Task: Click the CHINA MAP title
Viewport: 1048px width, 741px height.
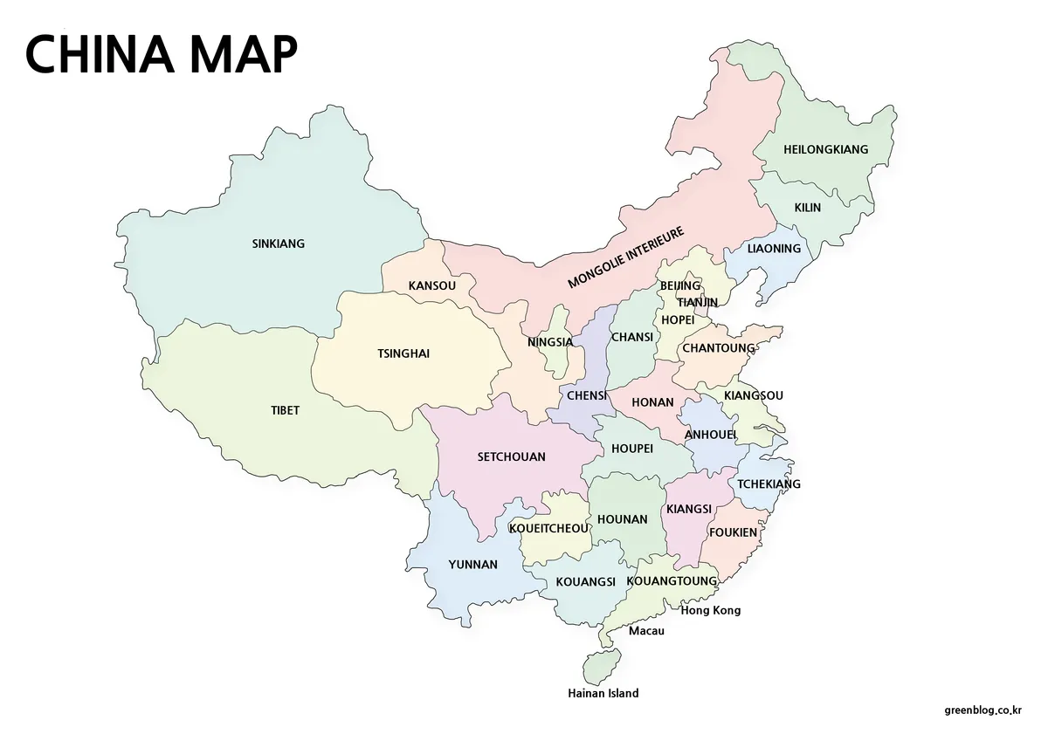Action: [x=162, y=54]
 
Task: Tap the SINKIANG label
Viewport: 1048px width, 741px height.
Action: [x=278, y=244]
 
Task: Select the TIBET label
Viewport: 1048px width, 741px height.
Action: [x=285, y=410]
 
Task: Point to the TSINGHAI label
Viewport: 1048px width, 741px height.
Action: [x=403, y=353]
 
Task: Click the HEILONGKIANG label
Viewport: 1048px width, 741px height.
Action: [x=825, y=149]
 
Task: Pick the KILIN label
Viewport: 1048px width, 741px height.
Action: [x=807, y=208]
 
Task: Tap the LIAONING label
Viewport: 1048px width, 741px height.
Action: [x=774, y=249]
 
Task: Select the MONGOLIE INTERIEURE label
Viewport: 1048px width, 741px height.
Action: [x=625, y=257]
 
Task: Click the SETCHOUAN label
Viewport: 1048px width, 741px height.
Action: [x=511, y=456]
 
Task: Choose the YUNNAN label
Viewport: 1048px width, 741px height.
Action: [x=472, y=565]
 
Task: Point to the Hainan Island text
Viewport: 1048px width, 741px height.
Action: [x=603, y=693]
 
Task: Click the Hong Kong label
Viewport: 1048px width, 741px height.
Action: [x=710, y=610]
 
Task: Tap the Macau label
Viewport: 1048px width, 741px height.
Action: [x=646, y=630]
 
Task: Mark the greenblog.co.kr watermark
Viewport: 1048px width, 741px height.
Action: [x=983, y=710]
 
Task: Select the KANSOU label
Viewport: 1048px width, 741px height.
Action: [x=431, y=285]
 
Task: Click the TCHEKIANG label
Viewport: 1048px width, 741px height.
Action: [x=769, y=484]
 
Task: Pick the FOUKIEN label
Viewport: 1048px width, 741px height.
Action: [x=734, y=532]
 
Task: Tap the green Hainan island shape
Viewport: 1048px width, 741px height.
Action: [x=598, y=666]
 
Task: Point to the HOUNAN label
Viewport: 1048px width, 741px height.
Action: [x=622, y=519]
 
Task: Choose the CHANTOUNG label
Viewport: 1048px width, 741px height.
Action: [x=718, y=348]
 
